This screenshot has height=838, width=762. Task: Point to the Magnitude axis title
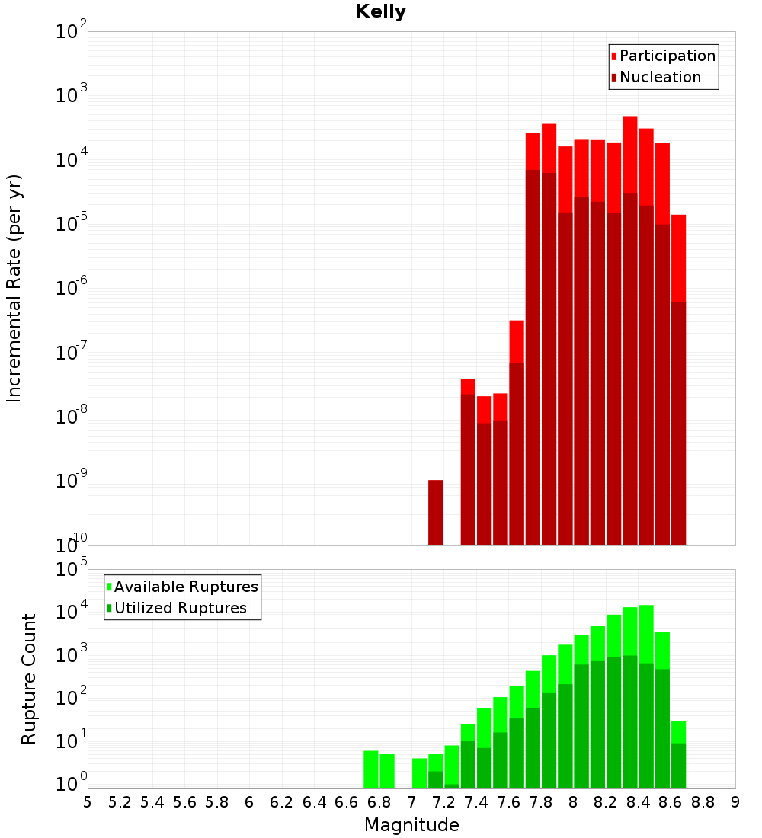point(411,825)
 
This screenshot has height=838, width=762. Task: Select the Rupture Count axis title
point(29,679)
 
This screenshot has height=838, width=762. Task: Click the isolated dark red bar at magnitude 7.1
point(435,513)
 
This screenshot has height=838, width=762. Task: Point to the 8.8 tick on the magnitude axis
point(703,801)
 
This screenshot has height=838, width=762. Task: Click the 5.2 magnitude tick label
point(120,801)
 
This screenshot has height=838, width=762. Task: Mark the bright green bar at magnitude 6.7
point(371,769)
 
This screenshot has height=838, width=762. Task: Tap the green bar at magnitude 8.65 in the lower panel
point(678,754)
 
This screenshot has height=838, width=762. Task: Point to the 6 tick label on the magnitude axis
point(249,801)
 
